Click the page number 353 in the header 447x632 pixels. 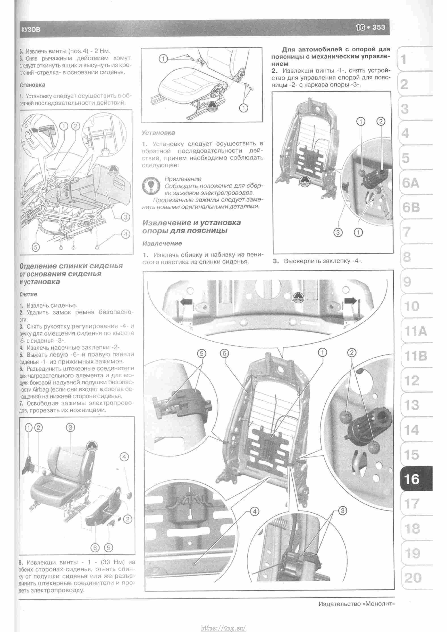coord(378,27)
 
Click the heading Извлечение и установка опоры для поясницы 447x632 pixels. coord(191,226)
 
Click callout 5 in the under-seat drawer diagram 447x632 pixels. coord(35,247)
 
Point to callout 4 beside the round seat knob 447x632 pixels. coord(124,457)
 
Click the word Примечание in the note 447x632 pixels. coord(183,179)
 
